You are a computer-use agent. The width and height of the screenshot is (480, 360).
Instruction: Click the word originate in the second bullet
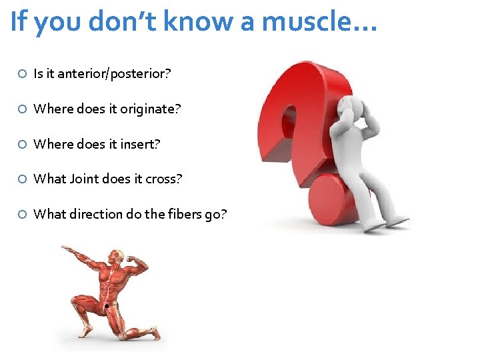click(x=149, y=109)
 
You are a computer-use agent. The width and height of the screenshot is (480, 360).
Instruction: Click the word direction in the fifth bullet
click(x=90, y=214)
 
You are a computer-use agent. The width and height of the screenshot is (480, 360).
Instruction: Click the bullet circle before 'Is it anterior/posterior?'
click(x=22, y=74)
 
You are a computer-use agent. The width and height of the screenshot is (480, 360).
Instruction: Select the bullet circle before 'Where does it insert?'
click(x=22, y=144)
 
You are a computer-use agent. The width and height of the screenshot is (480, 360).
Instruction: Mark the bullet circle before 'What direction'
click(x=22, y=214)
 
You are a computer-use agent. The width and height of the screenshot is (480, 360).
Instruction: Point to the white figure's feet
click(x=390, y=223)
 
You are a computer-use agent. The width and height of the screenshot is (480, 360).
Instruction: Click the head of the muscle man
click(x=117, y=257)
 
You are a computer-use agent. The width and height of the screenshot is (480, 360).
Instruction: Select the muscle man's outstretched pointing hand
click(x=66, y=250)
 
